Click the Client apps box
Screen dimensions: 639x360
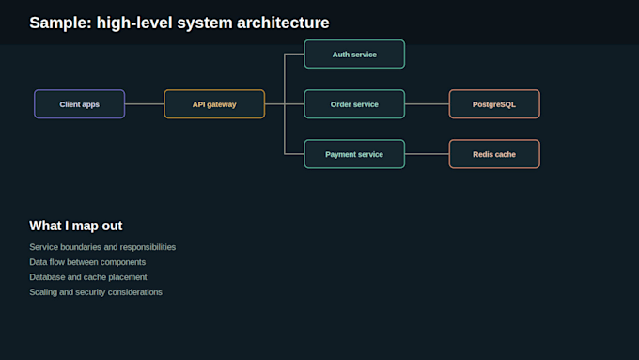(80, 104)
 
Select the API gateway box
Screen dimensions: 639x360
(214, 104)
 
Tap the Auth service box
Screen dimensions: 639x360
(354, 54)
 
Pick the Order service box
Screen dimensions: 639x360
(354, 104)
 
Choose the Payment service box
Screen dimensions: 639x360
(354, 154)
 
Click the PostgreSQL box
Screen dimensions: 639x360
(494, 104)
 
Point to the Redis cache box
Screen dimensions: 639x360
(494, 154)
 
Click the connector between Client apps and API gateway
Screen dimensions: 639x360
(145, 104)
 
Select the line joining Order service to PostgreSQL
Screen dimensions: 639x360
(427, 104)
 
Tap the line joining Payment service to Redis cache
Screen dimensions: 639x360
(427, 154)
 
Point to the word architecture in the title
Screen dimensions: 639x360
(283, 23)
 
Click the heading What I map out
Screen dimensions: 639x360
(76, 226)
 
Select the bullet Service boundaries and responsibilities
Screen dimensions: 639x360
(102, 247)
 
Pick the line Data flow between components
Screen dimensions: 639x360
(87, 262)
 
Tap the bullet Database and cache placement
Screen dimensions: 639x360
(88, 277)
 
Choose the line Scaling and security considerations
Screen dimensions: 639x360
(96, 292)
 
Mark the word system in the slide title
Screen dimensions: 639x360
(205, 23)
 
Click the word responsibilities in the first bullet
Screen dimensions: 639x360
(148, 247)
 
